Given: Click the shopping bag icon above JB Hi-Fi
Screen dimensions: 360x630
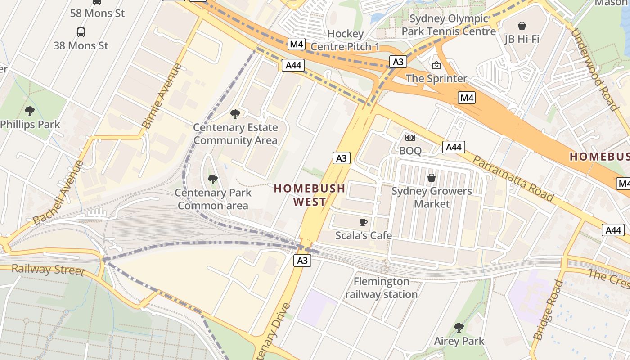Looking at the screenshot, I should pyautogui.click(x=522, y=25).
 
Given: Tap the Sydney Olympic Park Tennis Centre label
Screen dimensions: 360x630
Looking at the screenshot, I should pyautogui.click(x=449, y=25).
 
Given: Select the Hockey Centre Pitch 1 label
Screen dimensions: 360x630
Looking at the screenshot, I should pyautogui.click(x=345, y=40).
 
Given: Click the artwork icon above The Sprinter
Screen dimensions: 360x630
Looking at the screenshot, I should pyautogui.click(x=436, y=65).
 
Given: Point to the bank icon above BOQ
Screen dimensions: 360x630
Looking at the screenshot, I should pyautogui.click(x=410, y=138).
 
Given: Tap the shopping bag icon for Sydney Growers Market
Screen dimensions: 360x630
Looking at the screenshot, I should pyautogui.click(x=432, y=178).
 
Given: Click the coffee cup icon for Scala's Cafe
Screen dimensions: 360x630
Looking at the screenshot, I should pyautogui.click(x=364, y=222).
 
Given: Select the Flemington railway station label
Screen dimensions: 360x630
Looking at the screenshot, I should pyautogui.click(x=382, y=288).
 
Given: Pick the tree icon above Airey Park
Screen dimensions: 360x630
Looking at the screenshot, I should pyautogui.click(x=459, y=327).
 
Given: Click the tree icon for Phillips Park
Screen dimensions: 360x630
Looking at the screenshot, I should pyautogui.click(x=30, y=111).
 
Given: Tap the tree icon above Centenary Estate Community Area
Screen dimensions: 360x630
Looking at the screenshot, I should pyautogui.click(x=235, y=114).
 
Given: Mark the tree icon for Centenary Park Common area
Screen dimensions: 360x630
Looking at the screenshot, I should pyautogui.click(x=213, y=180).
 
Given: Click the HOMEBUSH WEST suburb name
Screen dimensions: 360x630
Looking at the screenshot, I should pyautogui.click(x=310, y=195).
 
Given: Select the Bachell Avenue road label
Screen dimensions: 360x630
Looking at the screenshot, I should pyautogui.click(x=58, y=193).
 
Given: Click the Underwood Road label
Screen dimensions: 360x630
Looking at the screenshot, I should pyautogui.click(x=594, y=69).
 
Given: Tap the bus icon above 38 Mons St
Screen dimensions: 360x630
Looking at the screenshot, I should pyautogui.click(x=81, y=32).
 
